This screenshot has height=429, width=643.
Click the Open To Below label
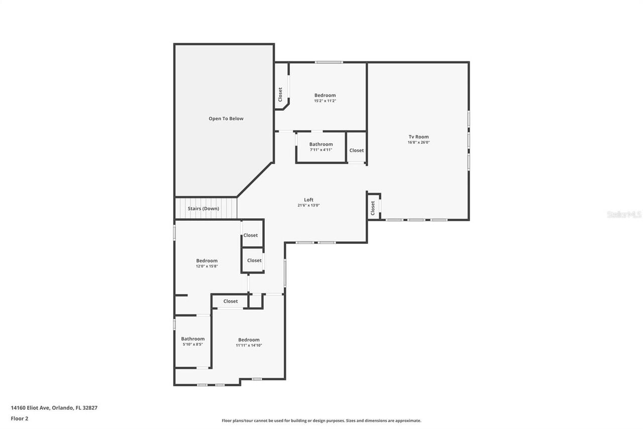[x=226, y=119]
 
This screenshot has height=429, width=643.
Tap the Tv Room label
[x=418, y=137]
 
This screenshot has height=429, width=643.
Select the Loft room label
[x=308, y=200]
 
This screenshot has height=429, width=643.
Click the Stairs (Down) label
[x=203, y=208]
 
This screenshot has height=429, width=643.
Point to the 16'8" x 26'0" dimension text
[x=418, y=142]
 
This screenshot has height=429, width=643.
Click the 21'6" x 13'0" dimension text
[x=308, y=205]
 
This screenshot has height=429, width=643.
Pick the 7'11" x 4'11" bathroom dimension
[x=321, y=150]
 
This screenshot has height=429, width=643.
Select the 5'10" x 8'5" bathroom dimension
[x=193, y=345]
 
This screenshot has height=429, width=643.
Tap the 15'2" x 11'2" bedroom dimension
[x=325, y=101]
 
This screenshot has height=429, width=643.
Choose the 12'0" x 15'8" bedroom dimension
[x=206, y=266]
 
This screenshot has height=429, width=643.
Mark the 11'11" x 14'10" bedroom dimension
[x=249, y=345]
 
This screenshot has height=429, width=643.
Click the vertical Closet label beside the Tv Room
[x=373, y=208]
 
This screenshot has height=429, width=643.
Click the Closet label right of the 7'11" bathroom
[x=357, y=150]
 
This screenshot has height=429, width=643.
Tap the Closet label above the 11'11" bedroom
[x=231, y=301]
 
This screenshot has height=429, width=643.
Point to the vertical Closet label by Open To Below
[x=280, y=94]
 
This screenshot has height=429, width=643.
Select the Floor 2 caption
[x=20, y=418]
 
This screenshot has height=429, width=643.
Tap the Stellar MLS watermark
[x=624, y=214]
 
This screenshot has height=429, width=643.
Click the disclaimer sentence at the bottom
[x=321, y=420]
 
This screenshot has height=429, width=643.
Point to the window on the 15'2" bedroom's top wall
[x=329, y=62]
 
